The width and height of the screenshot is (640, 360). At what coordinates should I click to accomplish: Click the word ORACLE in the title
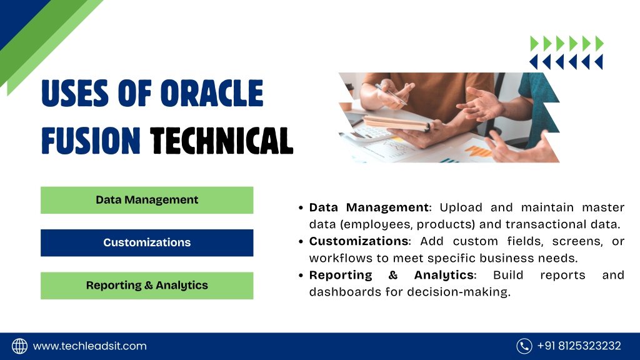(x=212, y=93)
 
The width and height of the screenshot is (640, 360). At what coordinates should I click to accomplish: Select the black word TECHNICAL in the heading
(x=222, y=141)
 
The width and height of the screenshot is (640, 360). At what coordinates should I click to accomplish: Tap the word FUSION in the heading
(x=91, y=141)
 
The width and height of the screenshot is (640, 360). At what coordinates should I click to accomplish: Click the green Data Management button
(x=147, y=200)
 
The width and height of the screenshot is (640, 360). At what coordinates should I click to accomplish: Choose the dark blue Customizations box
(x=147, y=243)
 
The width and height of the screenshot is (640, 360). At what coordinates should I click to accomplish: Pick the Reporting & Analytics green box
(x=147, y=286)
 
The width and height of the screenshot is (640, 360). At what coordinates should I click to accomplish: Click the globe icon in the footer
(x=19, y=346)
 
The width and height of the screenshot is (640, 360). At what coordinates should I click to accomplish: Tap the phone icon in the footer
(x=524, y=346)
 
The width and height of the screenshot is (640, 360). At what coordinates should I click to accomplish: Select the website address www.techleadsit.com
(x=90, y=346)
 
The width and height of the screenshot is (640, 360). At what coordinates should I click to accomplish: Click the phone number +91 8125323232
(x=579, y=346)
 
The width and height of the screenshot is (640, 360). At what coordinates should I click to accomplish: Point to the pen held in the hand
(x=391, y=94)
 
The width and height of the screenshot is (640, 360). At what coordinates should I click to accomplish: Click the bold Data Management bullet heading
(x=369, y=207)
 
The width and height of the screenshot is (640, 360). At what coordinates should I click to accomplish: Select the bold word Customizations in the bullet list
(x=359, y=241)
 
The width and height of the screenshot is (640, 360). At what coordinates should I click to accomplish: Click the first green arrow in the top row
(x=534, y=43)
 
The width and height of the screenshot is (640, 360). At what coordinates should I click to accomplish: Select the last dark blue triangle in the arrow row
(x=599, y=62)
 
